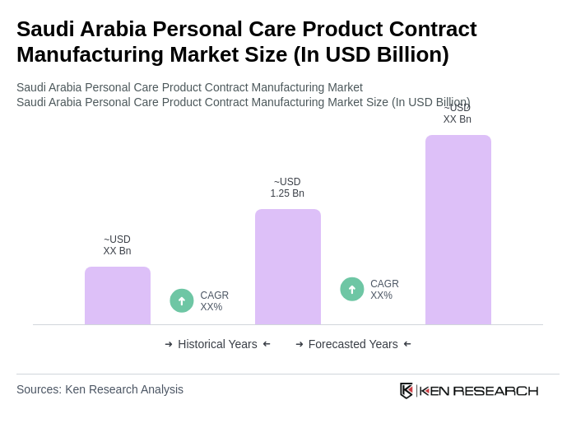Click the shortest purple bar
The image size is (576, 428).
(x=118, y=295)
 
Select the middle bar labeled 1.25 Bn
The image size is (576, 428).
(x=288, y=267)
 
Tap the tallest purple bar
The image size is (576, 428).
(x=458, y=230)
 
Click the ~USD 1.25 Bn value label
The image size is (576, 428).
(x=287, y=188)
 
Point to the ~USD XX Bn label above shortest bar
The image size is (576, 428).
(x=117, y=245)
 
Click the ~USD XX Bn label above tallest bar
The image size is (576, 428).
(x=458, y=114)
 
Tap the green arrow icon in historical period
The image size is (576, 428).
(x=182, y=301)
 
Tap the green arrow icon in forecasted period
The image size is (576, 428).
(x=352, y=290)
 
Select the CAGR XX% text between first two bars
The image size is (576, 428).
(x=214, y=301)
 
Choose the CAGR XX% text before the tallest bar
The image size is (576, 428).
(x=384, y=290)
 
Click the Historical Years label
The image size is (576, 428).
(x=217, y=344)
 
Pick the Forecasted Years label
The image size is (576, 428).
(x=353, y=344)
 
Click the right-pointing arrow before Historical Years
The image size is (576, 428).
(x=169, y=344)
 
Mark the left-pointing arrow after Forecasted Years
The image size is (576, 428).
(x=407, y=344)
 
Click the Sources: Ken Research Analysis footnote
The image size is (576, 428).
(x=100, y=389)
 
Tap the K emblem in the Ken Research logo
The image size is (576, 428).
(x=406, y=390)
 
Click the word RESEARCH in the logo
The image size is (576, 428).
(x=495, y=391)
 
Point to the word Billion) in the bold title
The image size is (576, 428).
(x=408, y=54)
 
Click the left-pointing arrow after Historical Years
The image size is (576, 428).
(x=267, y=344)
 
